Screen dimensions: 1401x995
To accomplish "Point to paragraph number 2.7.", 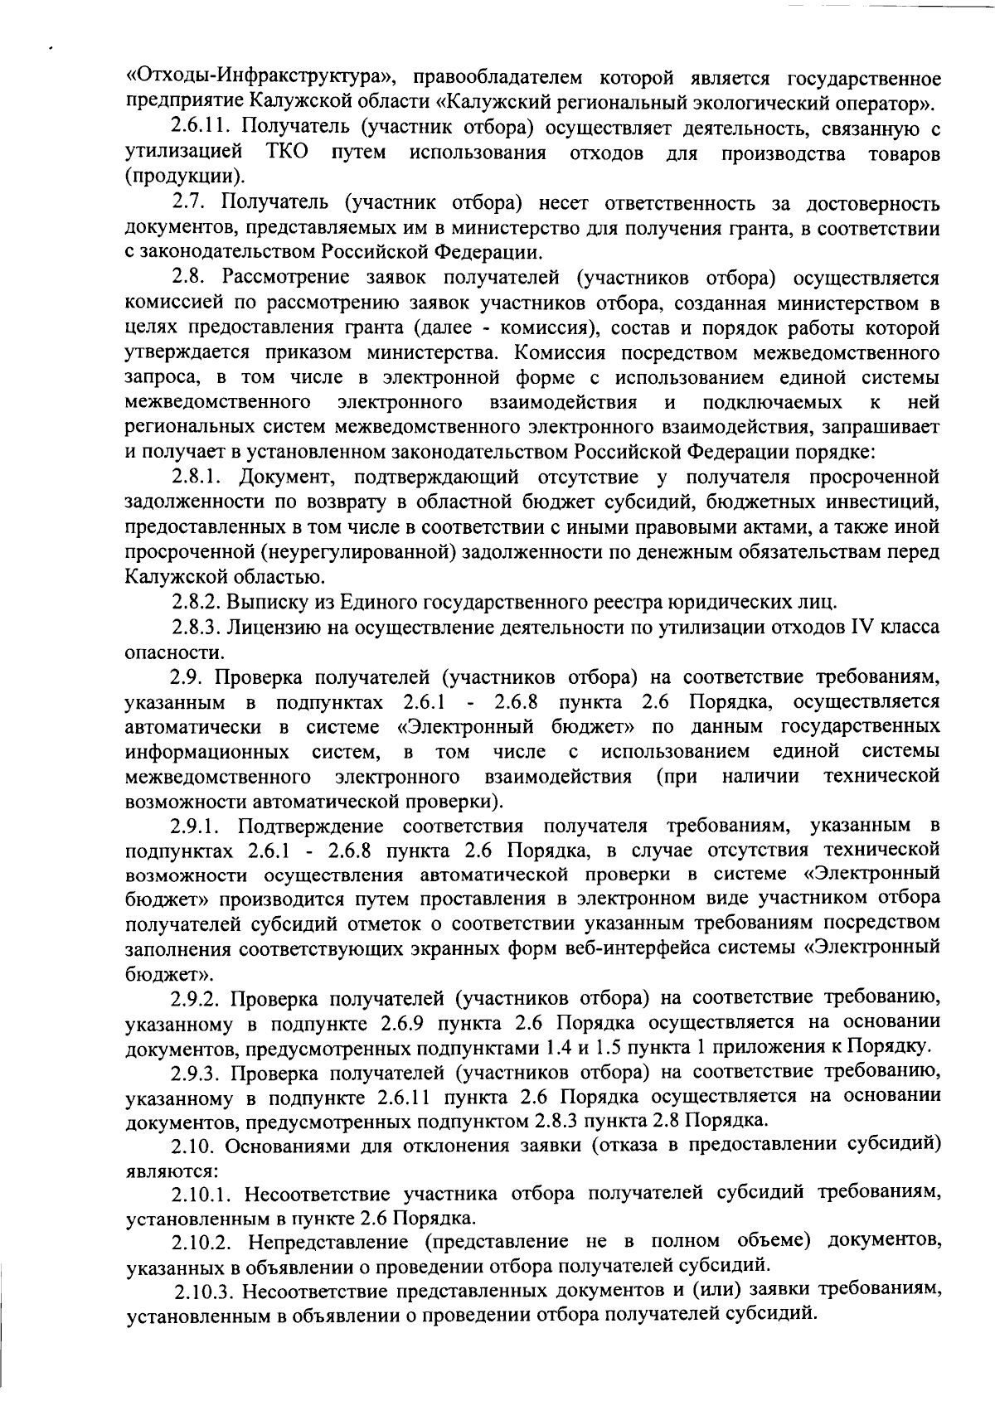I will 190,203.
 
